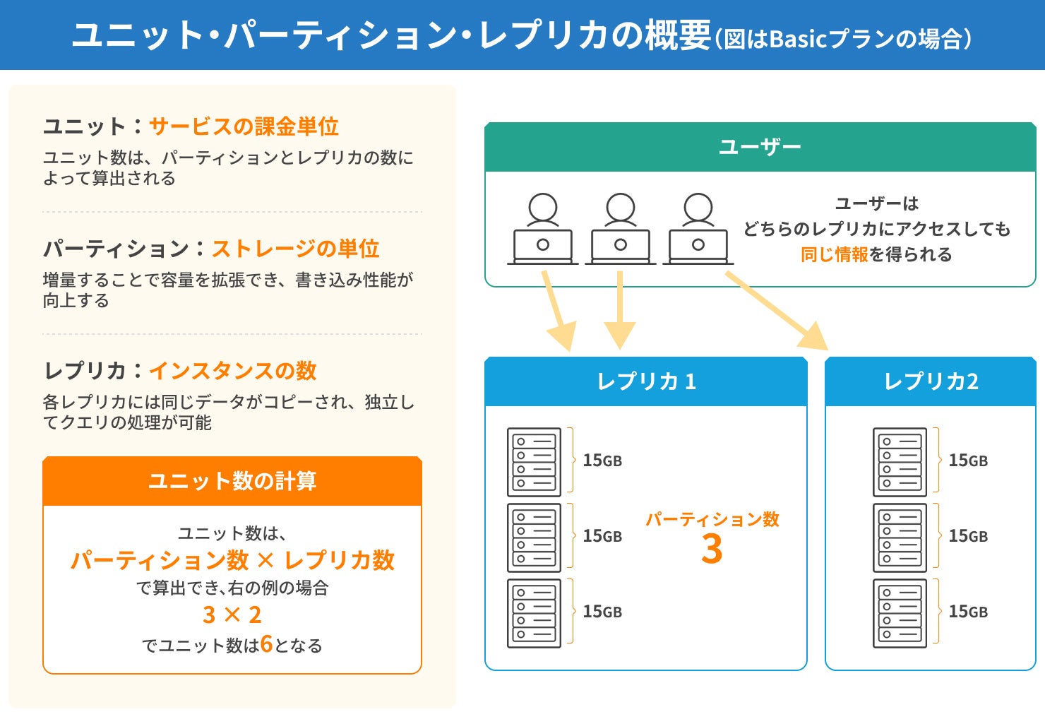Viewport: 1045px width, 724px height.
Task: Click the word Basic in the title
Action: click(798, 40)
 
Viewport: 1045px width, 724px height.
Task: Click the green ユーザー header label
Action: click(760, 147)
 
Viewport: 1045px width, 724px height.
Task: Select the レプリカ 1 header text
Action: click(647, 381)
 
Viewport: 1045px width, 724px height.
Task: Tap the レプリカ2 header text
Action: click(931, 381)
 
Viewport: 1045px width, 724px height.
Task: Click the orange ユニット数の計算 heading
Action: click(232, 481)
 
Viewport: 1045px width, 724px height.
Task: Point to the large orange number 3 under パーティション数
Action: click(712, 549)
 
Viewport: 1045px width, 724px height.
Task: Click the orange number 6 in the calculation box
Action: click(266, 644)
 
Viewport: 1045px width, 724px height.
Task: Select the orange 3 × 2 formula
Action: click(232, 615)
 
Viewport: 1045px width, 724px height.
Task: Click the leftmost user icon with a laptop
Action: click(542, 229)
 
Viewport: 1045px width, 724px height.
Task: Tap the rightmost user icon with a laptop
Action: click(698, 229)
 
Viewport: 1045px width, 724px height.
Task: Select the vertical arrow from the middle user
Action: click(620, 310)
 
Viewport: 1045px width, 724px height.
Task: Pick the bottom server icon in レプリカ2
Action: click(900, 613)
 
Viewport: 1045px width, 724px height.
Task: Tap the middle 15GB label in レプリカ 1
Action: click(602, 536)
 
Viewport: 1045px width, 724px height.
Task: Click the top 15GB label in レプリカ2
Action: click(968, 461)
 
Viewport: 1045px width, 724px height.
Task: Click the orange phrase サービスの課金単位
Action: click(244, 126)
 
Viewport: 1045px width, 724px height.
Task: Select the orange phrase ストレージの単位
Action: click(295, 249)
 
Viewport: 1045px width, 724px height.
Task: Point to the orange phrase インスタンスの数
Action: click(233, 371)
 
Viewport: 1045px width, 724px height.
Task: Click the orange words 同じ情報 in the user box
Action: click(835, 254)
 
